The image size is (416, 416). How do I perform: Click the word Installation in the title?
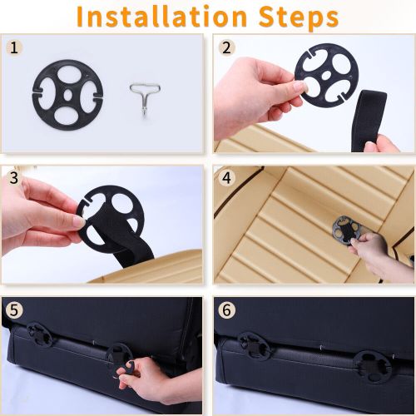click(161, 16)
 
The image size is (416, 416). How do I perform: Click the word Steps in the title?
click(298, 17)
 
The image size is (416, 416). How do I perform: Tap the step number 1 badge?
click(14, 47)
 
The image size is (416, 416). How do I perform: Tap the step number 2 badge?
click(227, 47)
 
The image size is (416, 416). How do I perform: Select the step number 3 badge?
click(14, 178)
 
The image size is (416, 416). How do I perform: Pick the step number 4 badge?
click(227, 178)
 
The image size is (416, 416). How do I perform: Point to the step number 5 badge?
click(14, 310)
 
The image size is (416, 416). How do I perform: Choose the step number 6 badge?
click(227, 310)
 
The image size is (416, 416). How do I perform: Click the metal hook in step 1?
click(145, 98)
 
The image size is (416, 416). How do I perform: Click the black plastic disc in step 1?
click(67, 95)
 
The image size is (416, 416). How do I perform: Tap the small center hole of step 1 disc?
click(67, 95)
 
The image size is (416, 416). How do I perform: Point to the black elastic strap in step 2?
click(369, 121)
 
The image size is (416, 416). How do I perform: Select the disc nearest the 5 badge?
click(40, 334)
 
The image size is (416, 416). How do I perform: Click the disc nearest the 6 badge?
click(254, 346)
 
